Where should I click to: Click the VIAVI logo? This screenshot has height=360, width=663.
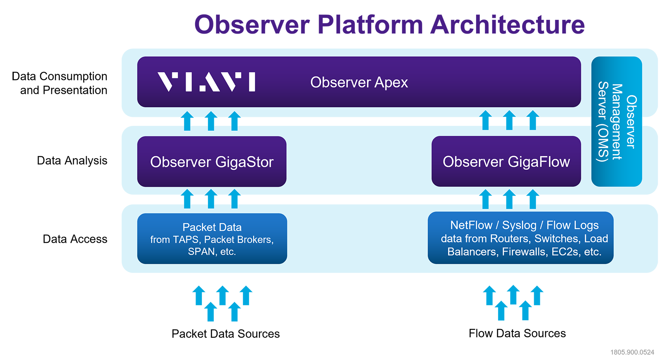[206, 82]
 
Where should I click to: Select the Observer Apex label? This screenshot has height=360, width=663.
[359, 82]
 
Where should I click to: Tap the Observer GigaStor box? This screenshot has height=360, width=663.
[212, 162]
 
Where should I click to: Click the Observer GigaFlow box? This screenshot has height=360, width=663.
[506, 162]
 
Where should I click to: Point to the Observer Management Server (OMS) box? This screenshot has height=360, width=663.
[616, 121]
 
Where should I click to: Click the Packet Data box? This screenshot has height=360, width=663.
[212, 239]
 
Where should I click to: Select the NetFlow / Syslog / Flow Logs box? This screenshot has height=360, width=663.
[520, 238]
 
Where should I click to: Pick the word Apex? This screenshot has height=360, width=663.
[391, 83]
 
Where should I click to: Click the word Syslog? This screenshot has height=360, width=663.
[519, 225]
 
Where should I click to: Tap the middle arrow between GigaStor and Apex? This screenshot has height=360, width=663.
[211, 121]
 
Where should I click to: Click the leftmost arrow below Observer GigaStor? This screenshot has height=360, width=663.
[187, 198]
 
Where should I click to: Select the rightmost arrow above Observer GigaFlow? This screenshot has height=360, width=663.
[533, 120]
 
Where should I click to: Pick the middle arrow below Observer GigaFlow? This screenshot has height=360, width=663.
[509, 199]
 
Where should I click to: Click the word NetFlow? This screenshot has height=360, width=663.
[471, 225]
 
